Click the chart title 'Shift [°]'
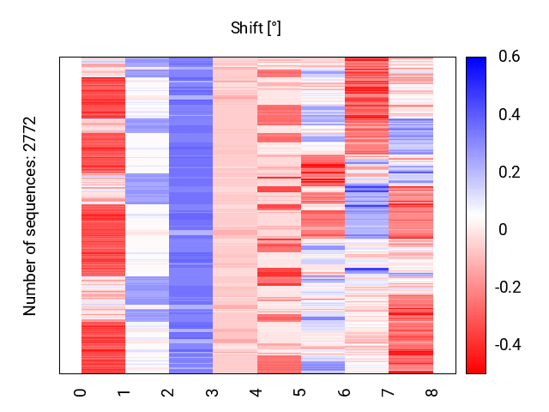tap(256, 28)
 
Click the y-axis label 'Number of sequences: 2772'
tap(31, 215)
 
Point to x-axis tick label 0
tap(81, 392)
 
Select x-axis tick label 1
tap(125, 392)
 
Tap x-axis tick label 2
tap(169, 392)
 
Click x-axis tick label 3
tap(213, 392)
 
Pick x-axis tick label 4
tap(256, 392)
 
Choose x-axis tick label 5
tap(300, 392)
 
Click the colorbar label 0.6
tap(509, 58)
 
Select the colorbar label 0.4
tap(509, 115)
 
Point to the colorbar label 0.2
tap(509, 173)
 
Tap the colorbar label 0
tap(503, 230)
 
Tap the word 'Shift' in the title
tap(247, 28)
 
